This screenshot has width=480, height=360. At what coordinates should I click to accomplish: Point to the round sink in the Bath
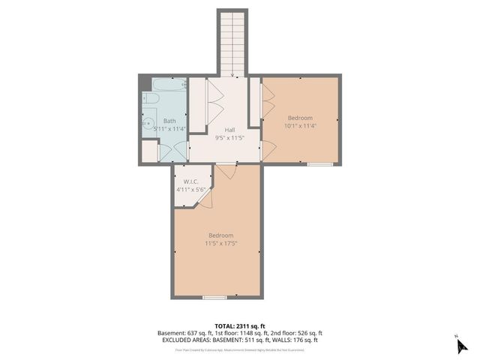tap(148, 124)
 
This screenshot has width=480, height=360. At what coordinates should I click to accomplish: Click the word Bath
tap(169, 121)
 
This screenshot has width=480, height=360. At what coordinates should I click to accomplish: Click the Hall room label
tap(220, 130)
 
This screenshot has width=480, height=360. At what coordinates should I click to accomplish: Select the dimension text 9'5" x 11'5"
tap(220, 138)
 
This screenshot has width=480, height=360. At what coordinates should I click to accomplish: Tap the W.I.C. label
tap(190, 181)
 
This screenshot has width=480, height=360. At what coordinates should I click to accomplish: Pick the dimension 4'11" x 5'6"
tap(190, 190)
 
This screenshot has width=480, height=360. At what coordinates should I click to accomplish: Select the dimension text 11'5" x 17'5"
tap(221, 243)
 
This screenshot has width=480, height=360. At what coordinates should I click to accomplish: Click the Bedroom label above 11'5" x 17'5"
tap(221, 235)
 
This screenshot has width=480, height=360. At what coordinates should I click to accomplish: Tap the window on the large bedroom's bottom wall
tap(215, 297)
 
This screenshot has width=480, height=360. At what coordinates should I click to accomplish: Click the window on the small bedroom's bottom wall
tap(320, 163)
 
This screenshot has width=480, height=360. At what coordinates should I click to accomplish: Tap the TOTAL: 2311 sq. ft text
tap(239, 325)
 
